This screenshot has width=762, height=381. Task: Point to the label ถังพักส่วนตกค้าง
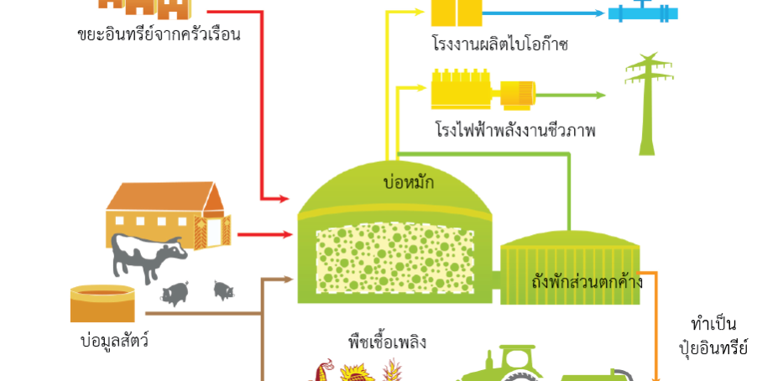pos(587,281)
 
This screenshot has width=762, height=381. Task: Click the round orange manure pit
pos(102,302)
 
